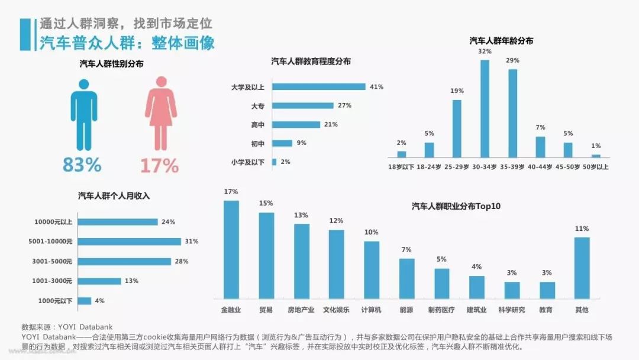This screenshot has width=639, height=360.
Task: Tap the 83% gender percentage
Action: click(82, 165)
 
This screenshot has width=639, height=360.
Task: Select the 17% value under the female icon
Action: click(159, 165)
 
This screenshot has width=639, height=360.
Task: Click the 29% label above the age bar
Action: click(512, 60)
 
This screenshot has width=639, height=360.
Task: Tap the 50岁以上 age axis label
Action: click(595, 166)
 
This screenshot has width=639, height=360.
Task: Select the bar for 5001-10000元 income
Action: click(129, 242)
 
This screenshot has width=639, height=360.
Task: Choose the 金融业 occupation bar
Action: click(231, 249)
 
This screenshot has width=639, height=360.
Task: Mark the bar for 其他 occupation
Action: click(582, 268)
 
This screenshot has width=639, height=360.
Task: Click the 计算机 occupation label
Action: click(371, 310)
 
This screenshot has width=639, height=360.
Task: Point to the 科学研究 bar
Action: click(512, 290)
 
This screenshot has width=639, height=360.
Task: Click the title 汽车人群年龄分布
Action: click(501, 41)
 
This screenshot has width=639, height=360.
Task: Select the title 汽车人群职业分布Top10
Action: click(456, 206)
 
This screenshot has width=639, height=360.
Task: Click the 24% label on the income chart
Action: click(168, 222)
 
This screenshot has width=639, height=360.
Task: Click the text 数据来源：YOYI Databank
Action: click(66, 326)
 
